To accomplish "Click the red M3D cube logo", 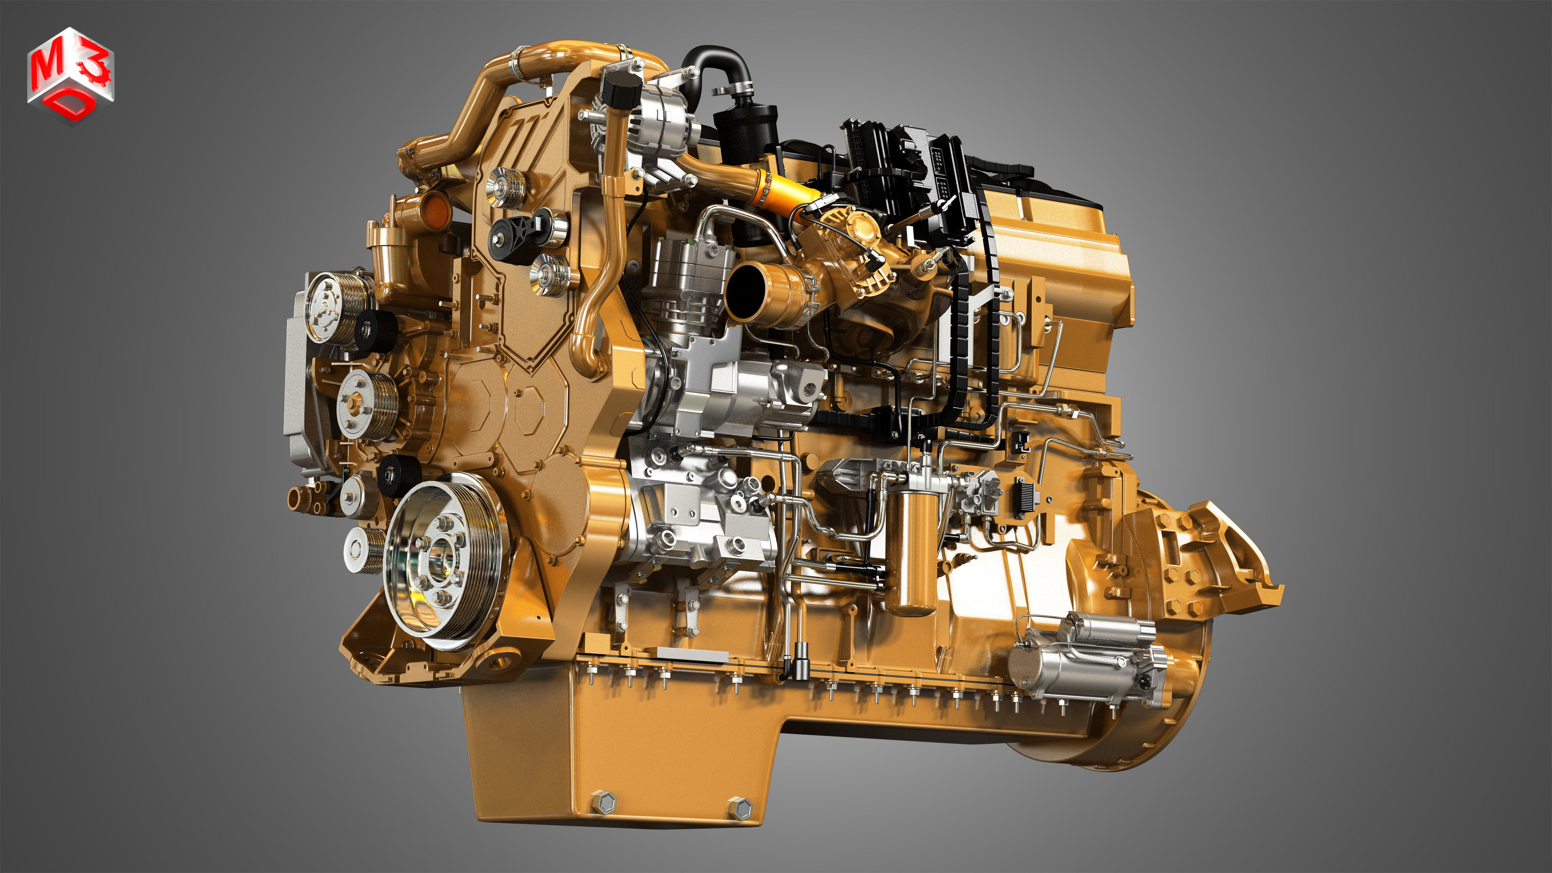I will pos(70,75).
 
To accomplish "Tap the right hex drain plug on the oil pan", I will pos(740,808).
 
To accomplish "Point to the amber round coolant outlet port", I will pos(434,211).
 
